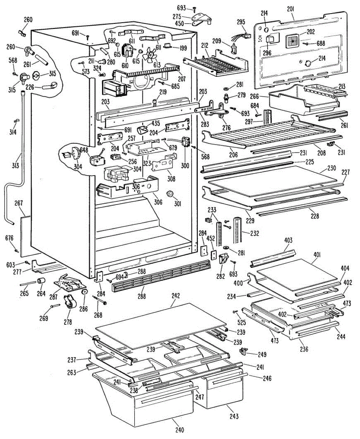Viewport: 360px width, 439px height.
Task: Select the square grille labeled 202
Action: (x=293, y=41)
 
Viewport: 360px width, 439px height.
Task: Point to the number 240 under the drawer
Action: (x=179, y=429)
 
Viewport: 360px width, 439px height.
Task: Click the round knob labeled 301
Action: (x=171, y=194)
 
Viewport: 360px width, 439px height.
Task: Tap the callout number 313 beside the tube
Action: (x=15, y=165)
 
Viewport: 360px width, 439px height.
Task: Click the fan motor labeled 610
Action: (x=127, y=50)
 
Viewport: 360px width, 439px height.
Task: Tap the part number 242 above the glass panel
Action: (x=176, y=296)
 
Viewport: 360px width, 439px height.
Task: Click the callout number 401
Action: (x=316, y=255)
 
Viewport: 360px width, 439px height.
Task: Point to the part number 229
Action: (x=250, y=220)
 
